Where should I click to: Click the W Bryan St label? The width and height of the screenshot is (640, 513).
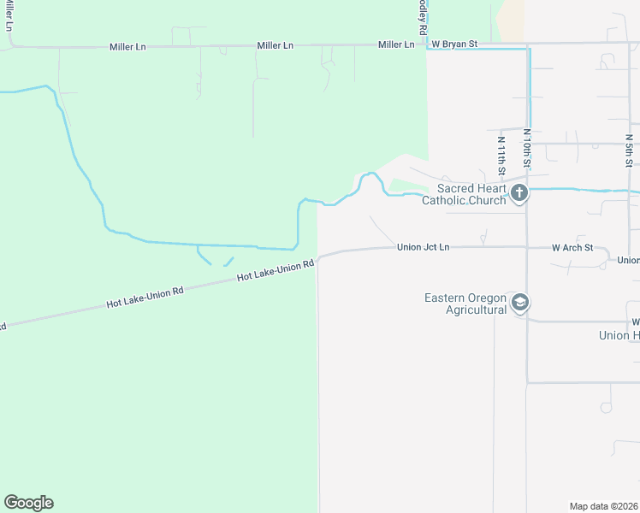(x=453, y=44)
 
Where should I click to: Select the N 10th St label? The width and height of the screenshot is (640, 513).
(x=528, y=146)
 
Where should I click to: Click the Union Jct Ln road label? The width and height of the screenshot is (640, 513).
(x=423, y=247)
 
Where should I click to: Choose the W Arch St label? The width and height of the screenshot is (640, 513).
(x=572, y=248)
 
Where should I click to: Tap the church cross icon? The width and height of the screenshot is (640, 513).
(x=519, y=194)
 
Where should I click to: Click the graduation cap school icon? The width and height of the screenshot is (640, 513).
(x=519, y=303)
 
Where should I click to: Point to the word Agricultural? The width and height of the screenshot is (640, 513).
(x=477, y=310)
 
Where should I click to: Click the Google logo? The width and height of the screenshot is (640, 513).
(x=28, y=502)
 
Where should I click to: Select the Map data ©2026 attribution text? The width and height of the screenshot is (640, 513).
(x=603, y=506)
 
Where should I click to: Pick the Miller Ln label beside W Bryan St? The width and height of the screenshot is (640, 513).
(x=396, y=44)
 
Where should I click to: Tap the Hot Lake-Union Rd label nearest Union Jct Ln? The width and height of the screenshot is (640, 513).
(x=276, y=271)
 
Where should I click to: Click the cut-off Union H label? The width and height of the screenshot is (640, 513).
(x=619, y=335)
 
